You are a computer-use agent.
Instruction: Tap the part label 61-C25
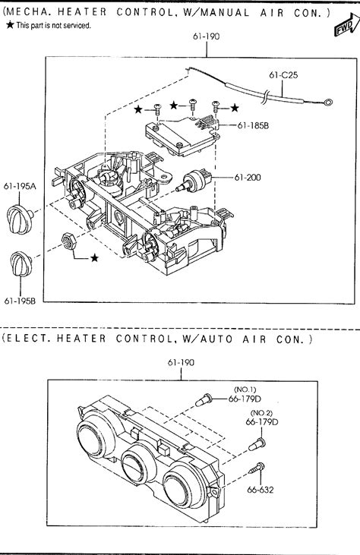tap(283, 74)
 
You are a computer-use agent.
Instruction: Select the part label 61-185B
tap(253, 125)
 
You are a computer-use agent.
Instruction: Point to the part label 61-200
tap(248, 177)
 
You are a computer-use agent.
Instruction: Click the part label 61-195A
tap(20, 186)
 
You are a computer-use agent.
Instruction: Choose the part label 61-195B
tap(20, 301)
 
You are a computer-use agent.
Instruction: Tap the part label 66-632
tap(261, 490)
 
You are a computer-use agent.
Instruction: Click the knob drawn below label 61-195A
tap(20, 219)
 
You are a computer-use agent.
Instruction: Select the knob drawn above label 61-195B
tap(21, 264)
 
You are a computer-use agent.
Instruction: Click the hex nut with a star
tap(68, 241)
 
